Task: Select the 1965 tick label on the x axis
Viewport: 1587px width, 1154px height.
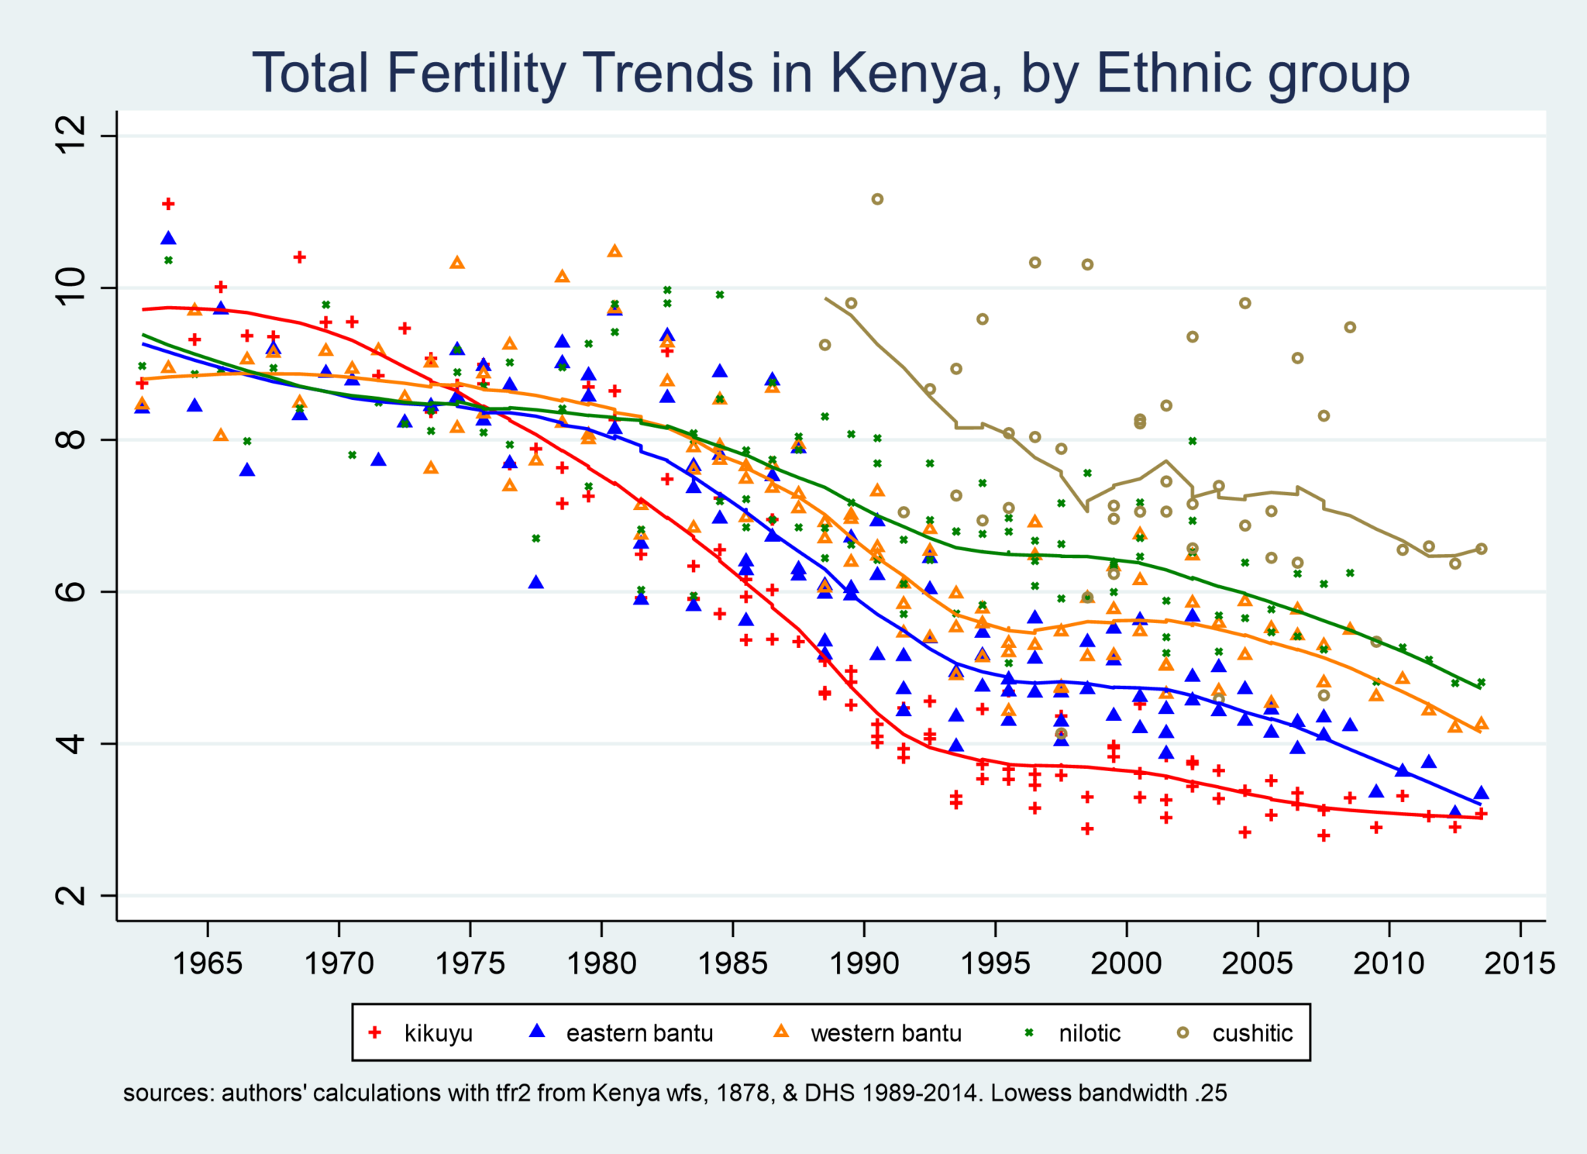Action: [208, 963]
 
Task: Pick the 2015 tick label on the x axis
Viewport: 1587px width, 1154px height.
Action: [1520, 963]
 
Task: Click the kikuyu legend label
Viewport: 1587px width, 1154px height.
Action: [438, 1033]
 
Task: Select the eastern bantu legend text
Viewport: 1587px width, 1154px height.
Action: [639, 1033]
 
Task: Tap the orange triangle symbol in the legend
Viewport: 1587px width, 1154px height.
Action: [782, 1032]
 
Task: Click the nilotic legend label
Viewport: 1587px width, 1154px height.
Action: [1090, 1033]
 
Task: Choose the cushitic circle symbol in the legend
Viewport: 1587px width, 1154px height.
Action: [1183, 1032]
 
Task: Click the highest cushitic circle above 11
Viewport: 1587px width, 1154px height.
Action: [877, 199]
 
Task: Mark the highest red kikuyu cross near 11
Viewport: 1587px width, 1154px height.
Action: [168, 204]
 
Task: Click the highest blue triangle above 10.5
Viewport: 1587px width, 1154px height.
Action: [168, 238]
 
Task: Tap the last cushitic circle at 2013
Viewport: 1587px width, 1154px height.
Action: [1481, 549]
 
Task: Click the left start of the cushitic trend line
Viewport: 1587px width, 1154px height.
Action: [826, 298]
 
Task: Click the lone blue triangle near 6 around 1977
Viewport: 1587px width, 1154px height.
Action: [535, 582]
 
